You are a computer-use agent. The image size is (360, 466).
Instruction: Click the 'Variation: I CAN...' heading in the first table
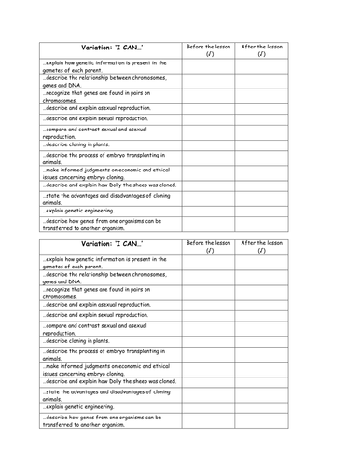(x=109, y=49)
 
